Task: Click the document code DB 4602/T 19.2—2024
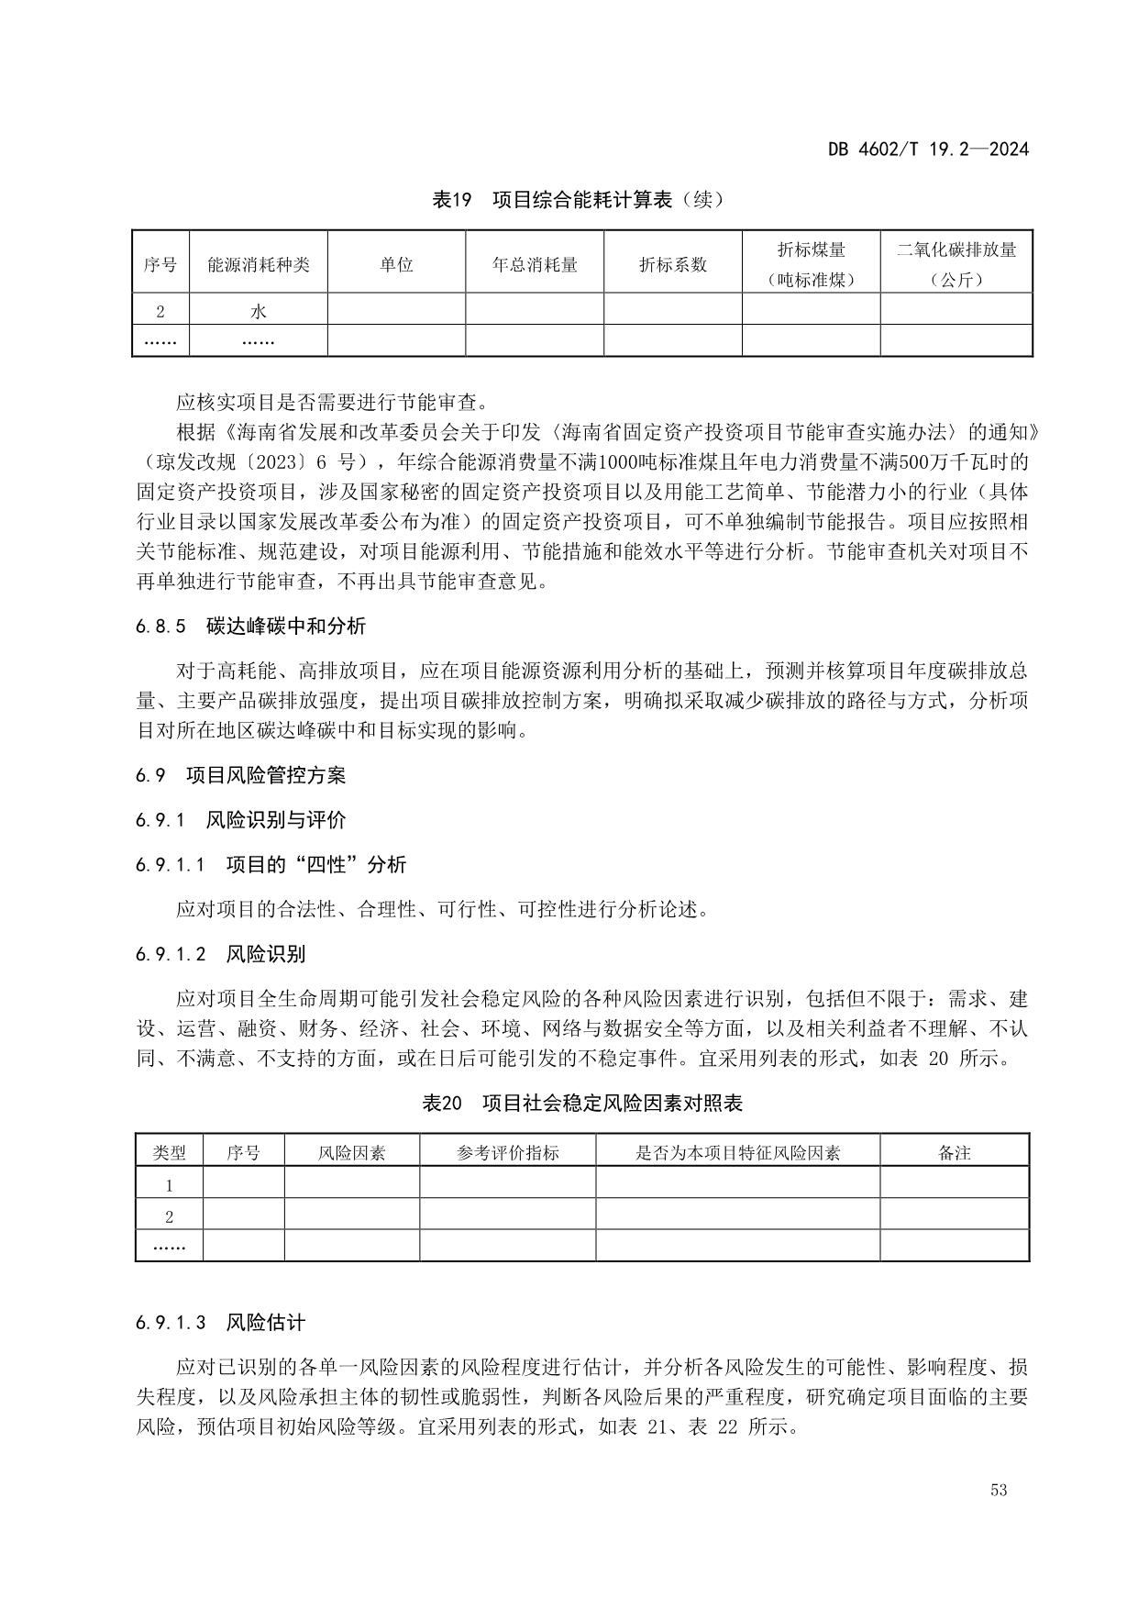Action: [x=928, y=149]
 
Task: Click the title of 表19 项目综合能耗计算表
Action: [x=578, y=199]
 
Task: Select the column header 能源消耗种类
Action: [x=259, y=264]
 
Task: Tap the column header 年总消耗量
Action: [x=535, y=264]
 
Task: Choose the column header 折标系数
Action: [x=673, y=264]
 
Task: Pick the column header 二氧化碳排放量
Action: [x=956, y=250]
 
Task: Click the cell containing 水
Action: [x=259, y=311]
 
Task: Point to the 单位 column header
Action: [x=396, y=264]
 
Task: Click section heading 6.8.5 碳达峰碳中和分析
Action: [x=250, y=627]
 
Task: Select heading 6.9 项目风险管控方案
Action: [x=241, y=775]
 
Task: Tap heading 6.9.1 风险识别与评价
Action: [x=241, y=820]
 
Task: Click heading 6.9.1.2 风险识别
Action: [x=221, y=954]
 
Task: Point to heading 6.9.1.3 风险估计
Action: [x=221, y=1322]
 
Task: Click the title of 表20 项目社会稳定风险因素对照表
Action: [x=581, y=1104]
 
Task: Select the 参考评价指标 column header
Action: [x=508, y=1153]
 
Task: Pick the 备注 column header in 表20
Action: [x=955, y=1153]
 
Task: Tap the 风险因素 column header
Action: [x=352, y=1153]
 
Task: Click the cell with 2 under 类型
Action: [x=170, y=1217]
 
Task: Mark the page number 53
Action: [x=999, y=1490]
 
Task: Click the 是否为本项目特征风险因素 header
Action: [x=737, y=1153]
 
